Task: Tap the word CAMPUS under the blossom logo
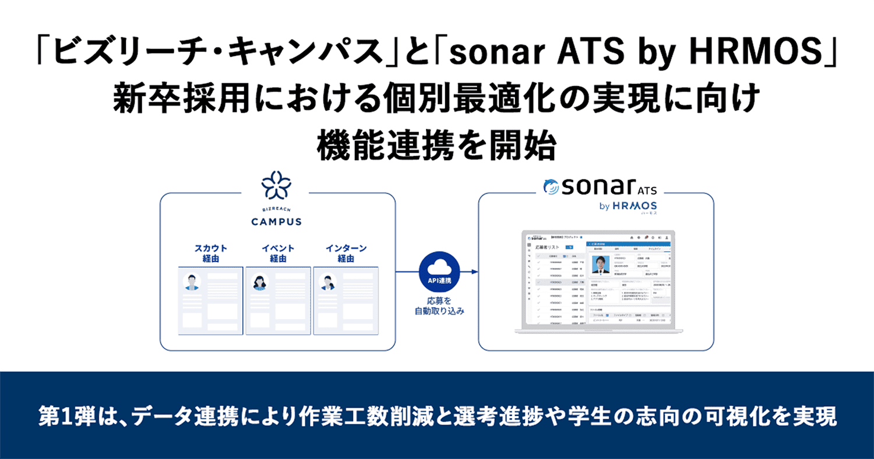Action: [276, 221]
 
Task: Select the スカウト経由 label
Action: [210, 253]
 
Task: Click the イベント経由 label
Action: [278, 253]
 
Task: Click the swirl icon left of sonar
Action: [549, 188]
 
